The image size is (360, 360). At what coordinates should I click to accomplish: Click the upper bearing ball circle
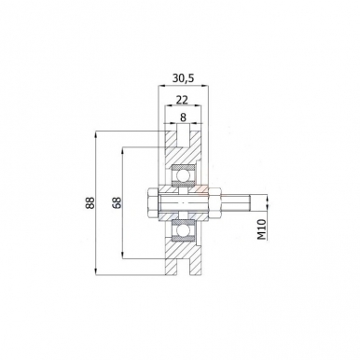pos(183,173)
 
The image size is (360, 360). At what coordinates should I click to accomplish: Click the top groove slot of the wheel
pos(183,139)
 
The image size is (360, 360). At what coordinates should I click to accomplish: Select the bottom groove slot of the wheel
pos(183,266)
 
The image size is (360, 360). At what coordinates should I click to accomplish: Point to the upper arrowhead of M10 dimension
pos(265,191)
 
